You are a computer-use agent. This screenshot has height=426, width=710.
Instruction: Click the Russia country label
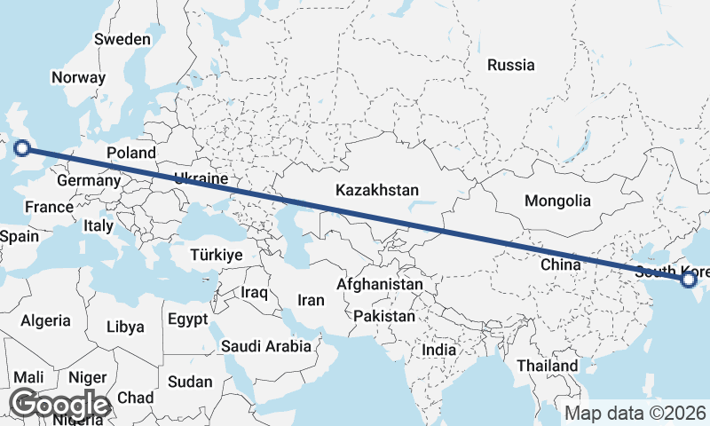pyautogui.click(x=511, y=64)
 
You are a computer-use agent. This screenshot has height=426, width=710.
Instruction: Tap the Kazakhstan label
pyautogui.click(x=377, y=190)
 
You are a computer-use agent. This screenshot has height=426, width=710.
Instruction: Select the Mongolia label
pyautogui.click(x=557, y=201)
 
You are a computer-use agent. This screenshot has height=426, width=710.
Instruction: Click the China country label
pyautogui.click(x=560, y=264)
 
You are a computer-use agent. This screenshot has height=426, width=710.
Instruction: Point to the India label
pyautogui.click(x=438, y=350)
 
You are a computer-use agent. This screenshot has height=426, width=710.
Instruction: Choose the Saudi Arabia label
pyautogui.click(x=266, y=346)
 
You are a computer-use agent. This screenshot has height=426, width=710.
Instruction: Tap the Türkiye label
pyautogui.click(x=217, y=255)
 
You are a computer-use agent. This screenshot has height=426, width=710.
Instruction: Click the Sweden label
pyautogui.click(x=122, y=39)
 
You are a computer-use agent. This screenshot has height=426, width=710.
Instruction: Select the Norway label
pyautogui.click(x=78, y=77)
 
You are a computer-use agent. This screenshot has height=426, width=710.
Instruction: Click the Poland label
pyautogui.click(x=131, y=153)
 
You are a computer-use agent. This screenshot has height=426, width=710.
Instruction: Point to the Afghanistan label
pyautogui.click(x=380, y=285)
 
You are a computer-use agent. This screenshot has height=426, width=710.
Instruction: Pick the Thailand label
pyautogui.click(x=548, y=365)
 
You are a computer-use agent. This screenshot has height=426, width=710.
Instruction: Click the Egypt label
pyautogui.click(x=187, y=318)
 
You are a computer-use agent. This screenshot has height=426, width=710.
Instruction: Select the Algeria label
pyautogui.click(x=45, y=320)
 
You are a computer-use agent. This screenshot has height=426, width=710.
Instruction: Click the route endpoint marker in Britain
pyautogui.click(x=23, y=149)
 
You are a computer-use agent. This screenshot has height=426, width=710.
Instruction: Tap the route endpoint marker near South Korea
pyautogui.click(x=688, y=280)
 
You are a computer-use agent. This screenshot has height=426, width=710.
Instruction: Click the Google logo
pyautogui.click(x=59, y=405)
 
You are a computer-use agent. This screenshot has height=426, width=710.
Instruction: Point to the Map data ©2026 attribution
pyautogui.click(x=635, y=413)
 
